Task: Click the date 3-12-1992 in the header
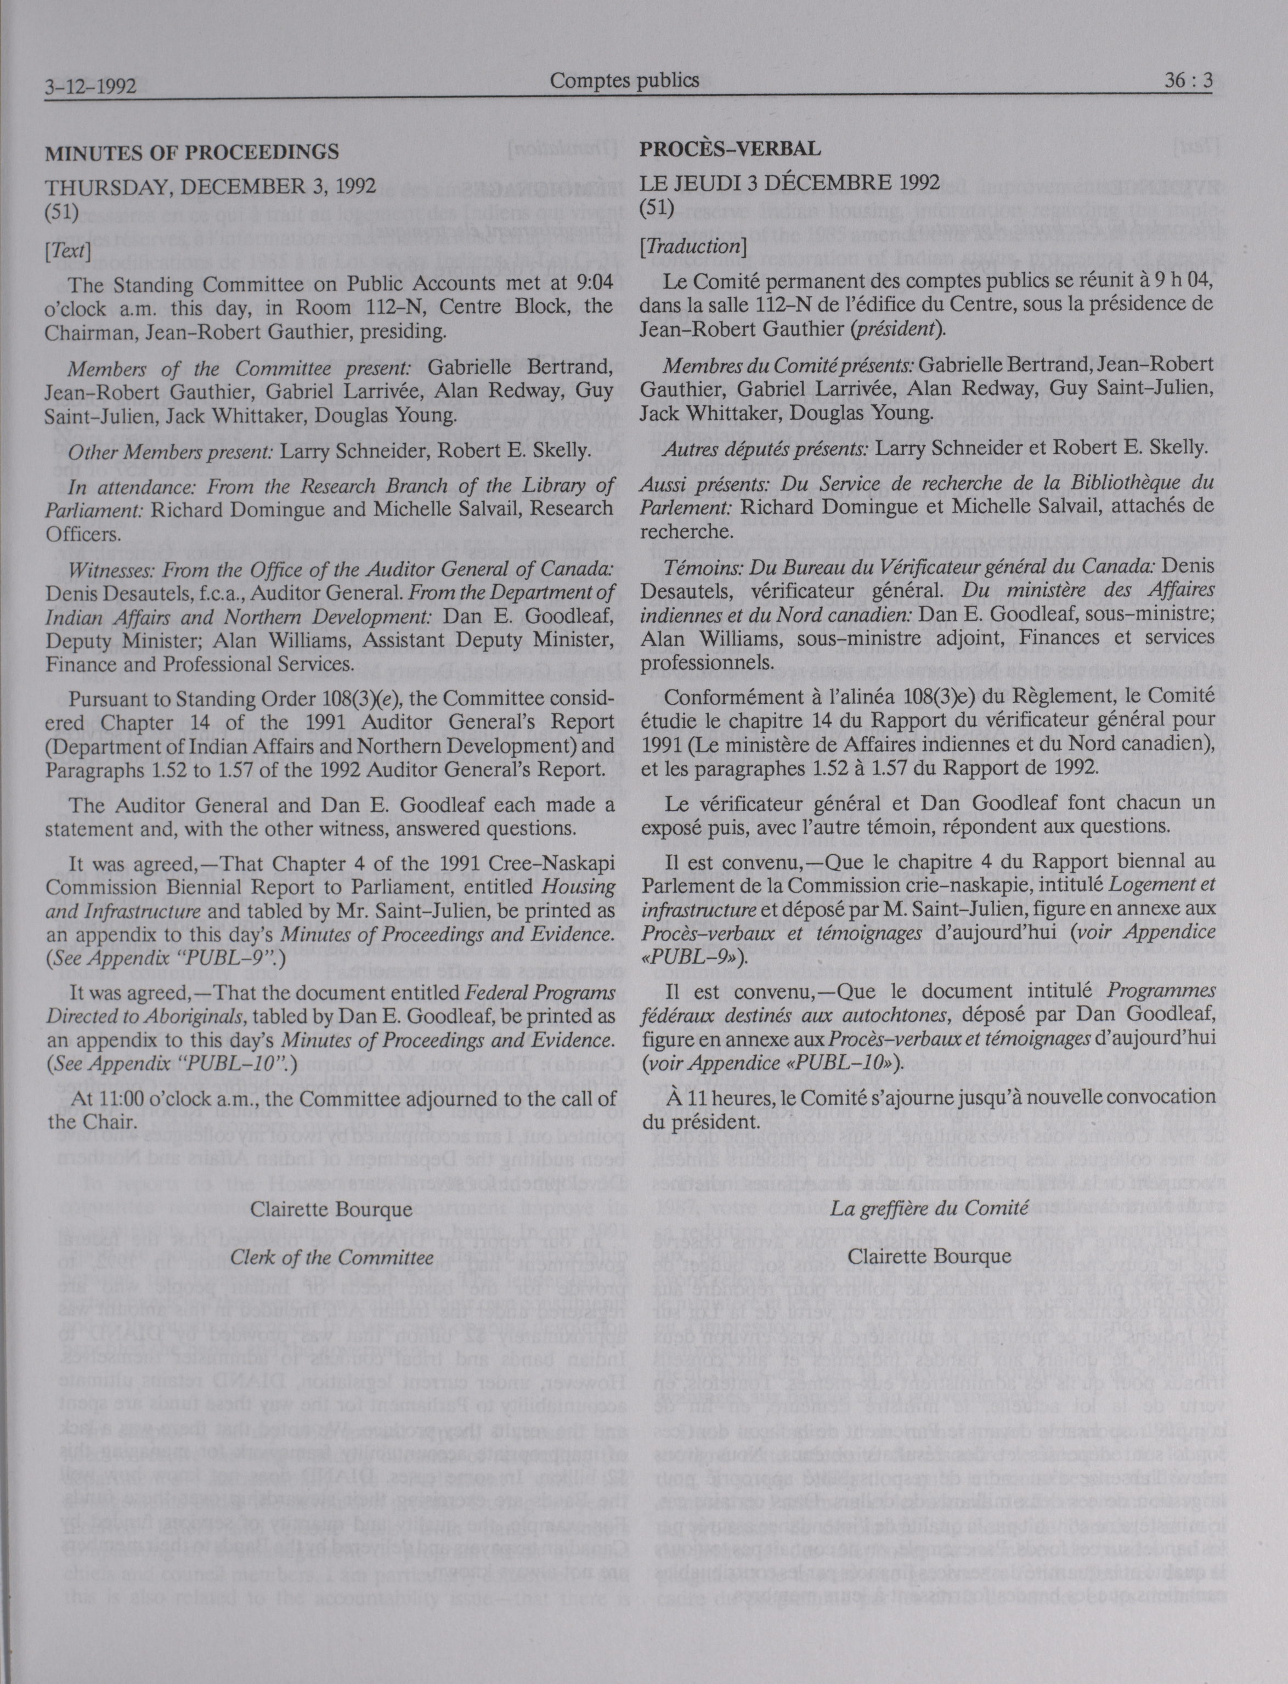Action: click(x=91, y=86)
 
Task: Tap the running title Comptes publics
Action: click(x=625, y=80)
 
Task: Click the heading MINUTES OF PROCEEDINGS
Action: click(x=191, y=152)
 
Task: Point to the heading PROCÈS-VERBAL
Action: click(x=730, y=149)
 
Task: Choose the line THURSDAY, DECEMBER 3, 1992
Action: click(x=210, y=187)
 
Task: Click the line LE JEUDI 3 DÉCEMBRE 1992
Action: click(x=790, y=183)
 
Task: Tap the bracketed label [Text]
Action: click(x=68, y=251)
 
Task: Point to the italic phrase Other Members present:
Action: click(x=170, y=452)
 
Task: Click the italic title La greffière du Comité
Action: click(x=929, y=1209)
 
